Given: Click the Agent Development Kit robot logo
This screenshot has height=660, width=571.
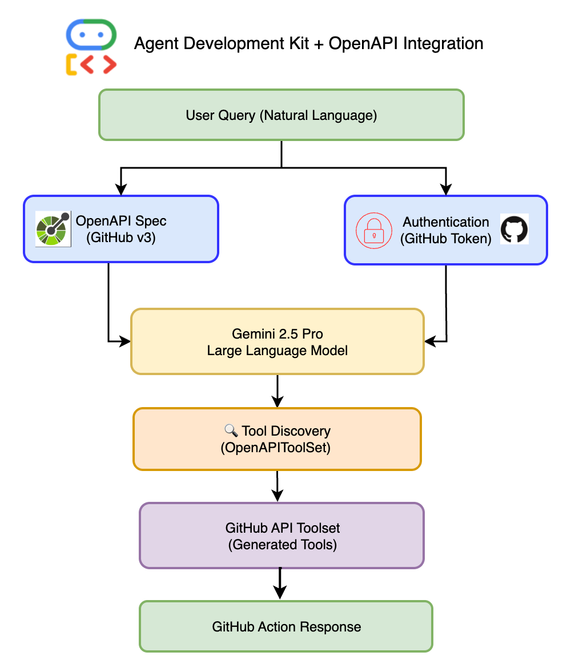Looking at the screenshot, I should pos(91,47).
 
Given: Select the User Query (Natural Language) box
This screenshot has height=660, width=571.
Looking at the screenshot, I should pos(281,115).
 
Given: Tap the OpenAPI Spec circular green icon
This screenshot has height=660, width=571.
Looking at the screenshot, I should pos(53,229).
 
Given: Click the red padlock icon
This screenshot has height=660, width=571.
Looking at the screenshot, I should pos(374,230).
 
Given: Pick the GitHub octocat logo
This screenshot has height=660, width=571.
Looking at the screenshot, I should pos(514,230).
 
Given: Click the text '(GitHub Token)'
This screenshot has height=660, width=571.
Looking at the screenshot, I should pos(446,239).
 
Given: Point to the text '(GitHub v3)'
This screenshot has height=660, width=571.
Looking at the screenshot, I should pos(121,238).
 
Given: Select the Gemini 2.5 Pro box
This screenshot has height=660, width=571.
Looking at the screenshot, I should pos(278,341).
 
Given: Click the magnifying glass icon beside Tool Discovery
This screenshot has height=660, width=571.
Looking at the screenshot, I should pos(231,430).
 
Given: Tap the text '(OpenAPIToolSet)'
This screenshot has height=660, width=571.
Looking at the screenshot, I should pos(276,448).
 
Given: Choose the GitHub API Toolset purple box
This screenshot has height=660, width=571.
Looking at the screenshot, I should pos(282,536).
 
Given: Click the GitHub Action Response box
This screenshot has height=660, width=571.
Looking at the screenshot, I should pos(286,626).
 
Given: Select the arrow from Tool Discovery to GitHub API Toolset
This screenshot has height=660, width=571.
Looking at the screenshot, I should pos(278,486).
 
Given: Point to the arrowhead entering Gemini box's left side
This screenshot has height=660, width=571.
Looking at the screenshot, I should pos(125,341).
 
